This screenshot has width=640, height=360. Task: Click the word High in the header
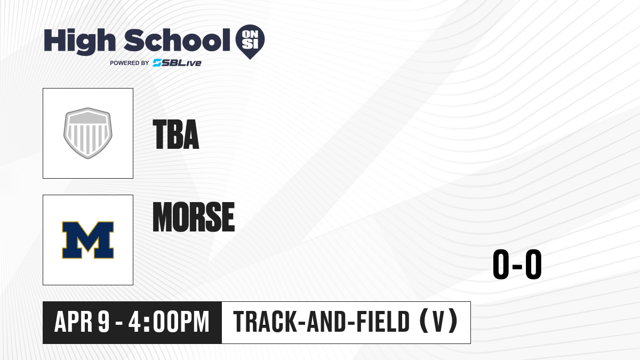pos(79,42)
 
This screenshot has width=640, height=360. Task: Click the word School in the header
pos(177,41)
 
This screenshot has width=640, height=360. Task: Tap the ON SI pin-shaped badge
pos(250,42)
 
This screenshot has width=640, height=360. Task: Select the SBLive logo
pos(177,63)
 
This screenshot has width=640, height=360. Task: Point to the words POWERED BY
pos(130,63)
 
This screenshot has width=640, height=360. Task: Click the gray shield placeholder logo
pos(88,133)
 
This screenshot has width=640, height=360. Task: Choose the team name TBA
pos(176,134)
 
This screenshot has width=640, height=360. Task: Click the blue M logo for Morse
pos(88,240)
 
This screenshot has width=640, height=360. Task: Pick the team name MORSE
pos(194,217)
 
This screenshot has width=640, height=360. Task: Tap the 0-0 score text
pos(517,265)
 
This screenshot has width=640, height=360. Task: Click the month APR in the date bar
pos(74,322)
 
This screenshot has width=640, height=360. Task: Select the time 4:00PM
pos(169,322)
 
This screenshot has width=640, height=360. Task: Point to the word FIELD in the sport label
pos(383,322)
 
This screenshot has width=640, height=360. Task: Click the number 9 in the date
pos(103,322)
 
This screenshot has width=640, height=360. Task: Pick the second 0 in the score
pos(533,265)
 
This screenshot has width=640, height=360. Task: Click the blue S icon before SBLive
pos(157,63)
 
